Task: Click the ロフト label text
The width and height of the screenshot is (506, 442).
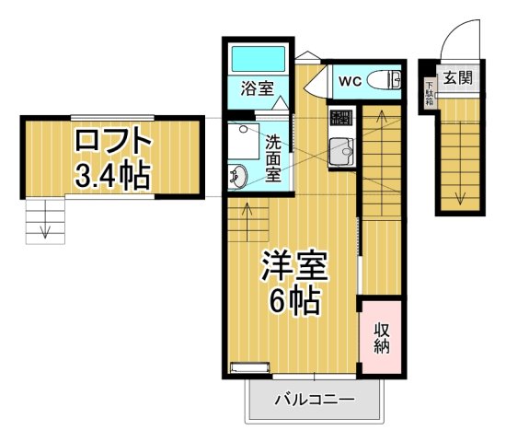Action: (112, 143)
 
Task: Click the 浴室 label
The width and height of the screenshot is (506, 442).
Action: (257, 89)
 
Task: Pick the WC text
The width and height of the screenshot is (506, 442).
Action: (350, 81)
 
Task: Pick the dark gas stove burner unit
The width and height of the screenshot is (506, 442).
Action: (340, 118)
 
